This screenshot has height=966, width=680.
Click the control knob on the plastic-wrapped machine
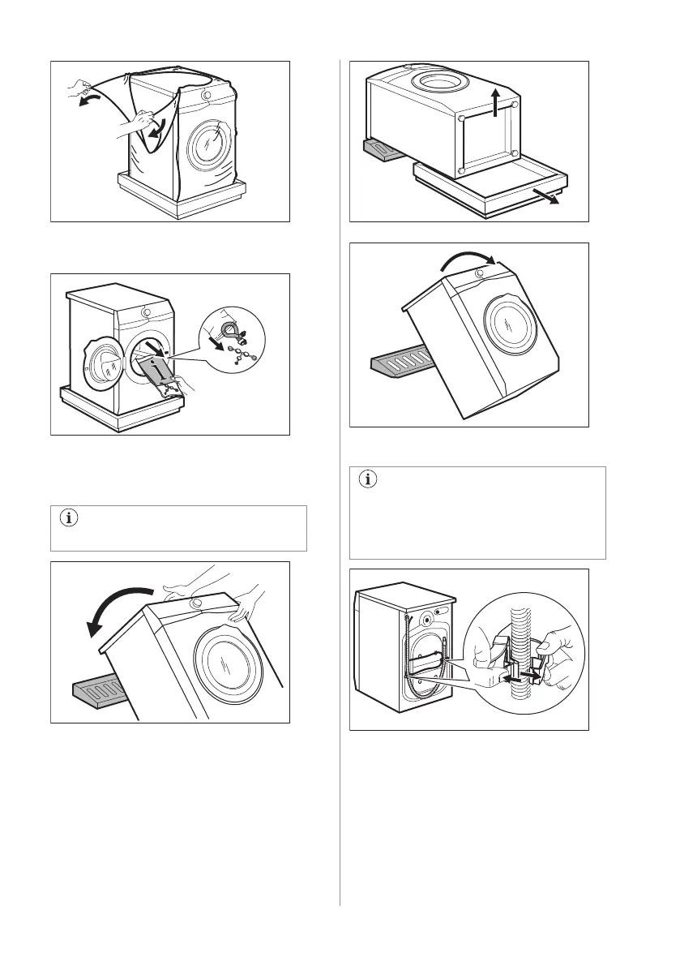(206, 95)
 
